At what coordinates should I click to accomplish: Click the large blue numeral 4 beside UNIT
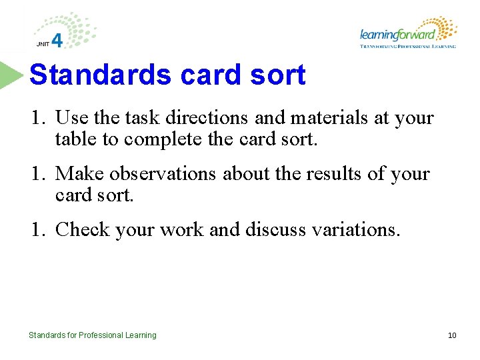[x=57, y=41]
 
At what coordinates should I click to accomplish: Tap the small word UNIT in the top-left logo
[x=42, y=45]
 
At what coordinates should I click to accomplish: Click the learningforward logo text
[x=397, y=35]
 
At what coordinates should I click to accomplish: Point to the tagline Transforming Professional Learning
[x=407, y=47]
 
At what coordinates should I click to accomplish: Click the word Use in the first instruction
[x=70, y=119]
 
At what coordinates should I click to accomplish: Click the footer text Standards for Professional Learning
[x=93, y=335]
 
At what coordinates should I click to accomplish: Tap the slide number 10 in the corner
[x=452, y=335]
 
